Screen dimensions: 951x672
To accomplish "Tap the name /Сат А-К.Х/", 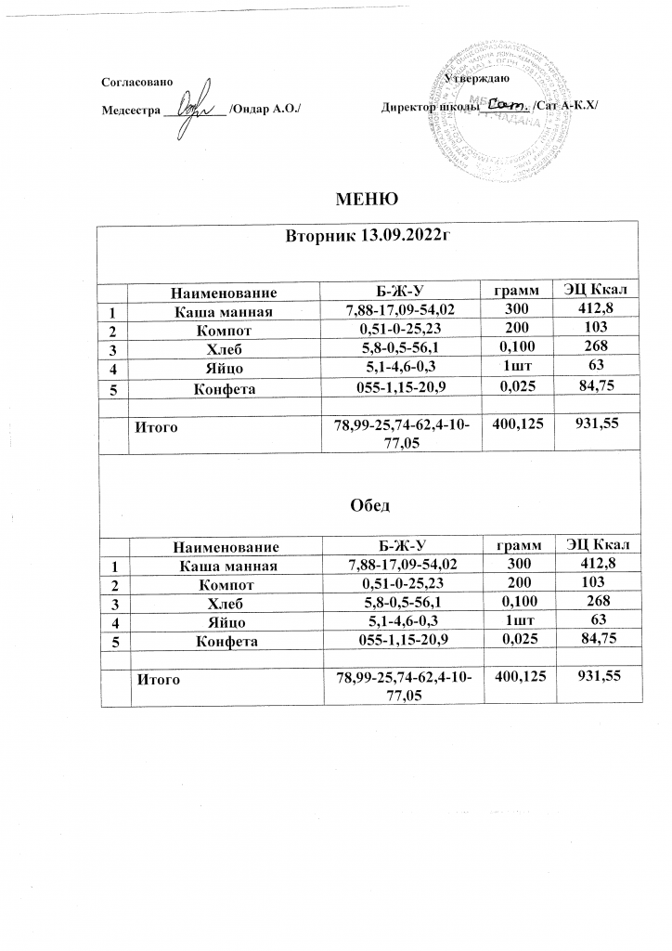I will click(566, 108).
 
